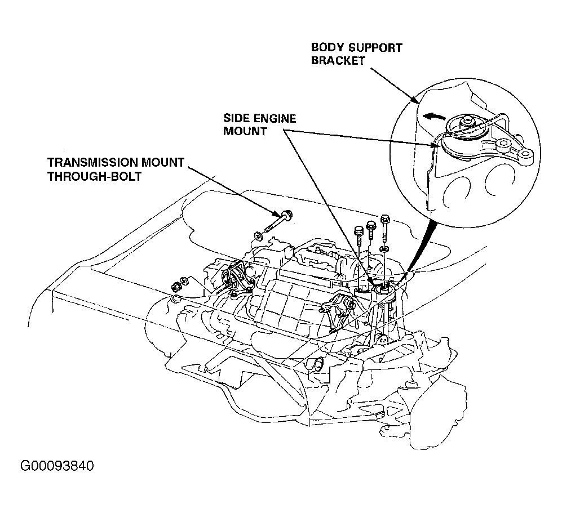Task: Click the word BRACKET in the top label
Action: pyautogui.click(x=338, y=61)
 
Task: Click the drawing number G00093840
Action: pyautogui.click(x=57, y=467)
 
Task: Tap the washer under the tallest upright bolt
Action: pyautogui.click(x=384, y=248)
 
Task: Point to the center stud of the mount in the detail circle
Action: pyautogui.click(x=468, y=119)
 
